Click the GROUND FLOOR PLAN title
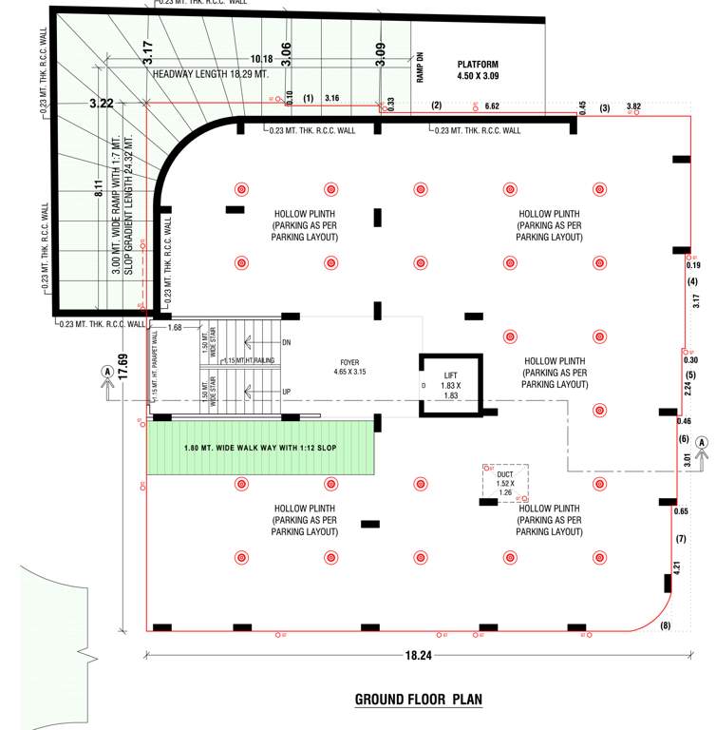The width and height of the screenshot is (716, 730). pos(418,701)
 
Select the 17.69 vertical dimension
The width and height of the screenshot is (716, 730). pos(122,365)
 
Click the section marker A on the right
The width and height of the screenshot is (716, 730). pos(702,442)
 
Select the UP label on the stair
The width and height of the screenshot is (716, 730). pos(286,392)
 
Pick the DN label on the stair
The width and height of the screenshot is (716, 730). pos(286,341)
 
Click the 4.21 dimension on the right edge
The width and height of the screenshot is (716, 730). pos(679,570)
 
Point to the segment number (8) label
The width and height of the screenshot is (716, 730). pos(664,624)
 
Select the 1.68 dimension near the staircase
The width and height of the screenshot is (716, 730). pos(174,328)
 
